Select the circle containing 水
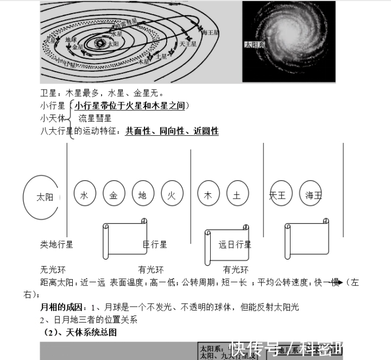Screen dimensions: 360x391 click(84, 195)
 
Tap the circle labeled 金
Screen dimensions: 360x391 click(113, 195)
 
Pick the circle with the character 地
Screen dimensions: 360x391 click(142, 195)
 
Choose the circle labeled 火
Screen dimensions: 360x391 click(171, 195)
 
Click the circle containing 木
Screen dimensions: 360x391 click(208, 195)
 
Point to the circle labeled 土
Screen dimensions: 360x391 click(237, 195)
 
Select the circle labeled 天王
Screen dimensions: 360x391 click(278, 195)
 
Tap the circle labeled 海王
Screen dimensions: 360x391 click(313, 195)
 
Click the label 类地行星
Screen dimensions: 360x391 click(56, 245)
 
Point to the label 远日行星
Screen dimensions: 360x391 click(235, 245)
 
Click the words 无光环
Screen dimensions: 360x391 click(53, 269)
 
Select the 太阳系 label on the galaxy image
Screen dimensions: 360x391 click(254, 45)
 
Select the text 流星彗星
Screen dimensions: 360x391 click(95, 118)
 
